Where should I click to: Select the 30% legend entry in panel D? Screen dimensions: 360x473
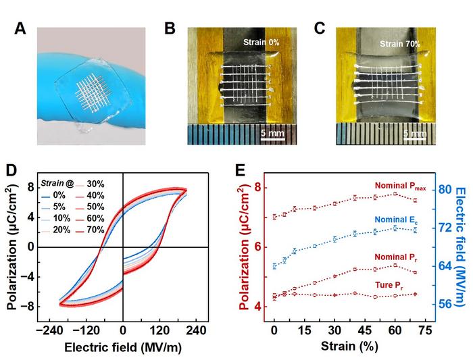click(x=99, y=182)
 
